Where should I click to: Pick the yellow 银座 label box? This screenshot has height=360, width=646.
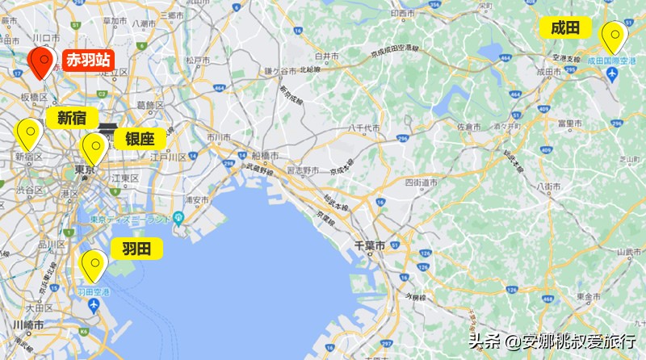pos(139,138)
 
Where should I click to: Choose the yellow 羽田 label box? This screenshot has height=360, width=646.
pos(136,248)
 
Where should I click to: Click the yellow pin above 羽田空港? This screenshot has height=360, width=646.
pos(94,264)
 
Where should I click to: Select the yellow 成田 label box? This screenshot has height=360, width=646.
pos(565,28)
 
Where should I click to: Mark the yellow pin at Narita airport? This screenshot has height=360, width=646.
pos(615,36)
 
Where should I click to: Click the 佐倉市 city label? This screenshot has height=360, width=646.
pos(468,127)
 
